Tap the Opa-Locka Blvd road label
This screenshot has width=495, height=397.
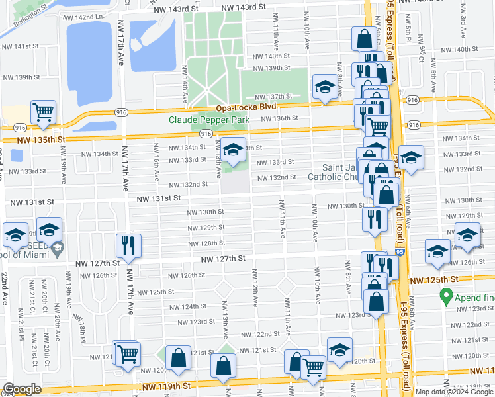pos(240,108)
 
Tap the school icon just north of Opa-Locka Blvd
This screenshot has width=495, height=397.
pos(324,87)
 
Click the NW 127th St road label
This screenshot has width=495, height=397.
pos(223,259)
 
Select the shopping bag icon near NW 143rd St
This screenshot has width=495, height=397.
pos(364,38)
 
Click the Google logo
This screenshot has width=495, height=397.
pos(22,389)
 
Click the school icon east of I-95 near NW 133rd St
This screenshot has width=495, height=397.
pos(411,158)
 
